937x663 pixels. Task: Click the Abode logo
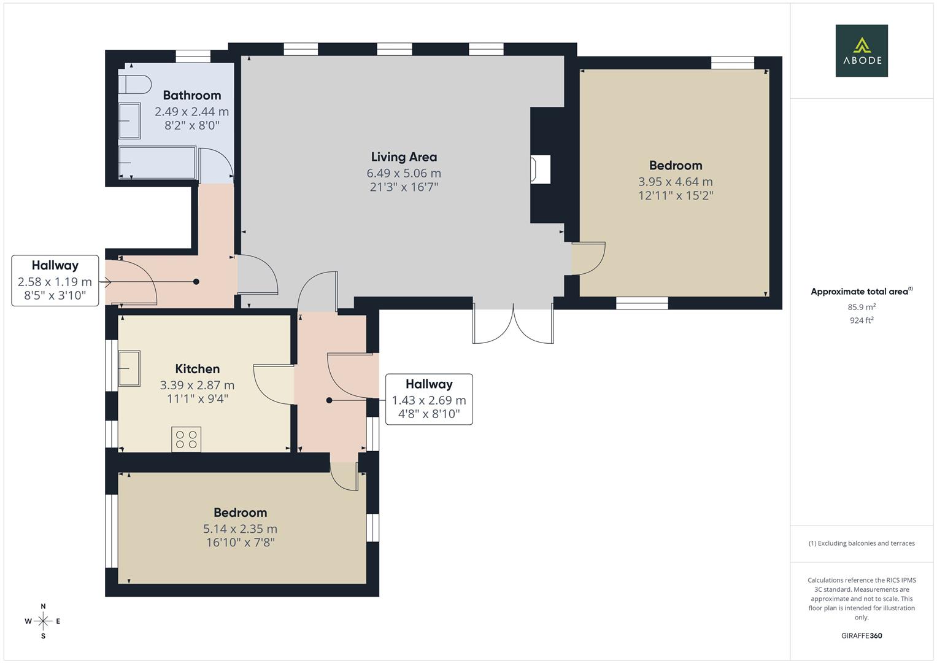(x=861, y=50)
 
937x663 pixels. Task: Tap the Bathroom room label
(x=191, y=95)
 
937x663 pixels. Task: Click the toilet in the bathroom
(x=136, y=84)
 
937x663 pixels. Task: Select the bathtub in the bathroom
(x=157, y=163)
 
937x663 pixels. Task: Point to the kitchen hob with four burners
(x=186, y=439)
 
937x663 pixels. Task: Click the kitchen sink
(x=129, y=368)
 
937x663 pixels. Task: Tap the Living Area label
(x=404, y=157)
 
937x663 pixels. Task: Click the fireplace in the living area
(x=541, y=169)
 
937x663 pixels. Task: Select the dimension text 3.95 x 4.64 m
(x=675, y=182)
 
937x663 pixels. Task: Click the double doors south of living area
(x=513, y=324)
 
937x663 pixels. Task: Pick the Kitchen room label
(x=197, y=369)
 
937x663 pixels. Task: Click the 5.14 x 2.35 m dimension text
(x=240, y=529)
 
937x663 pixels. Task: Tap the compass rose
(x=43, y=621)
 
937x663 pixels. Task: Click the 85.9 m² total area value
(x=861, y=307)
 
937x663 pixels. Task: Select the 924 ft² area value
(x=861, y=320)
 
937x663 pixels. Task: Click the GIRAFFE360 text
(x=861, y=636)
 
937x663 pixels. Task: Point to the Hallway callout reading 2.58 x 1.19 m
(x=55, y=281)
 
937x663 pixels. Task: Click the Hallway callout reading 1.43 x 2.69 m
(x=428, y=399)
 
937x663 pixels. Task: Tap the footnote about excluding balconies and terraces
(x=861, y=543)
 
